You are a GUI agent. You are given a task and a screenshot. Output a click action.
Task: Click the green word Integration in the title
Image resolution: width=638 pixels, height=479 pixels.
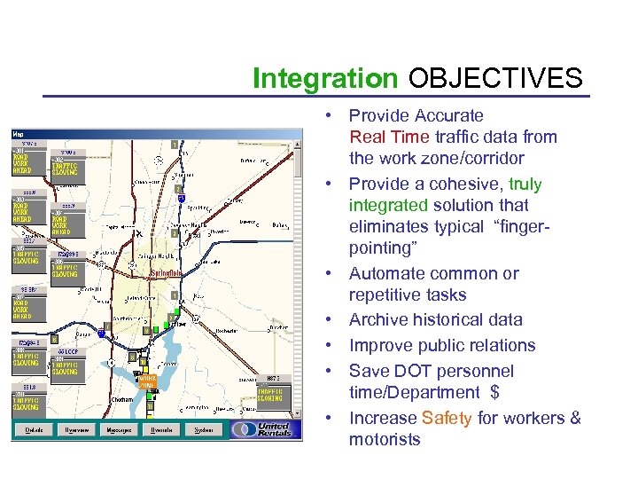(325, 79)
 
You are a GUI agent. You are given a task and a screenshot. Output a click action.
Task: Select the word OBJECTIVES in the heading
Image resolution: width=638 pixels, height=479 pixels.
(495, 79)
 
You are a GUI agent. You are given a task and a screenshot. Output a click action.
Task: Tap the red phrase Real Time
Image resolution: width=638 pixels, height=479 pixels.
(390, 137)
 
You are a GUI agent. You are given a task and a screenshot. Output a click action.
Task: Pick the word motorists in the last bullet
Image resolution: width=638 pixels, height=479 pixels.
(385, 439)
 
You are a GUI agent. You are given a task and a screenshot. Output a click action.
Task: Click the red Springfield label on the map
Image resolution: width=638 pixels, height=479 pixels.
(167, 272)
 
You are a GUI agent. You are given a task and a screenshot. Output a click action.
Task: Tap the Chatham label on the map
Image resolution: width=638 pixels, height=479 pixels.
(122, 399)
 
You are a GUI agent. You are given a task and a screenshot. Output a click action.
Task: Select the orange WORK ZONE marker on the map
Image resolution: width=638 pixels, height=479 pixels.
(146, 381)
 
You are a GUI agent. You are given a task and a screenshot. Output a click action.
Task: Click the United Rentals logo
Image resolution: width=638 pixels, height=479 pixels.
(264, 428)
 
